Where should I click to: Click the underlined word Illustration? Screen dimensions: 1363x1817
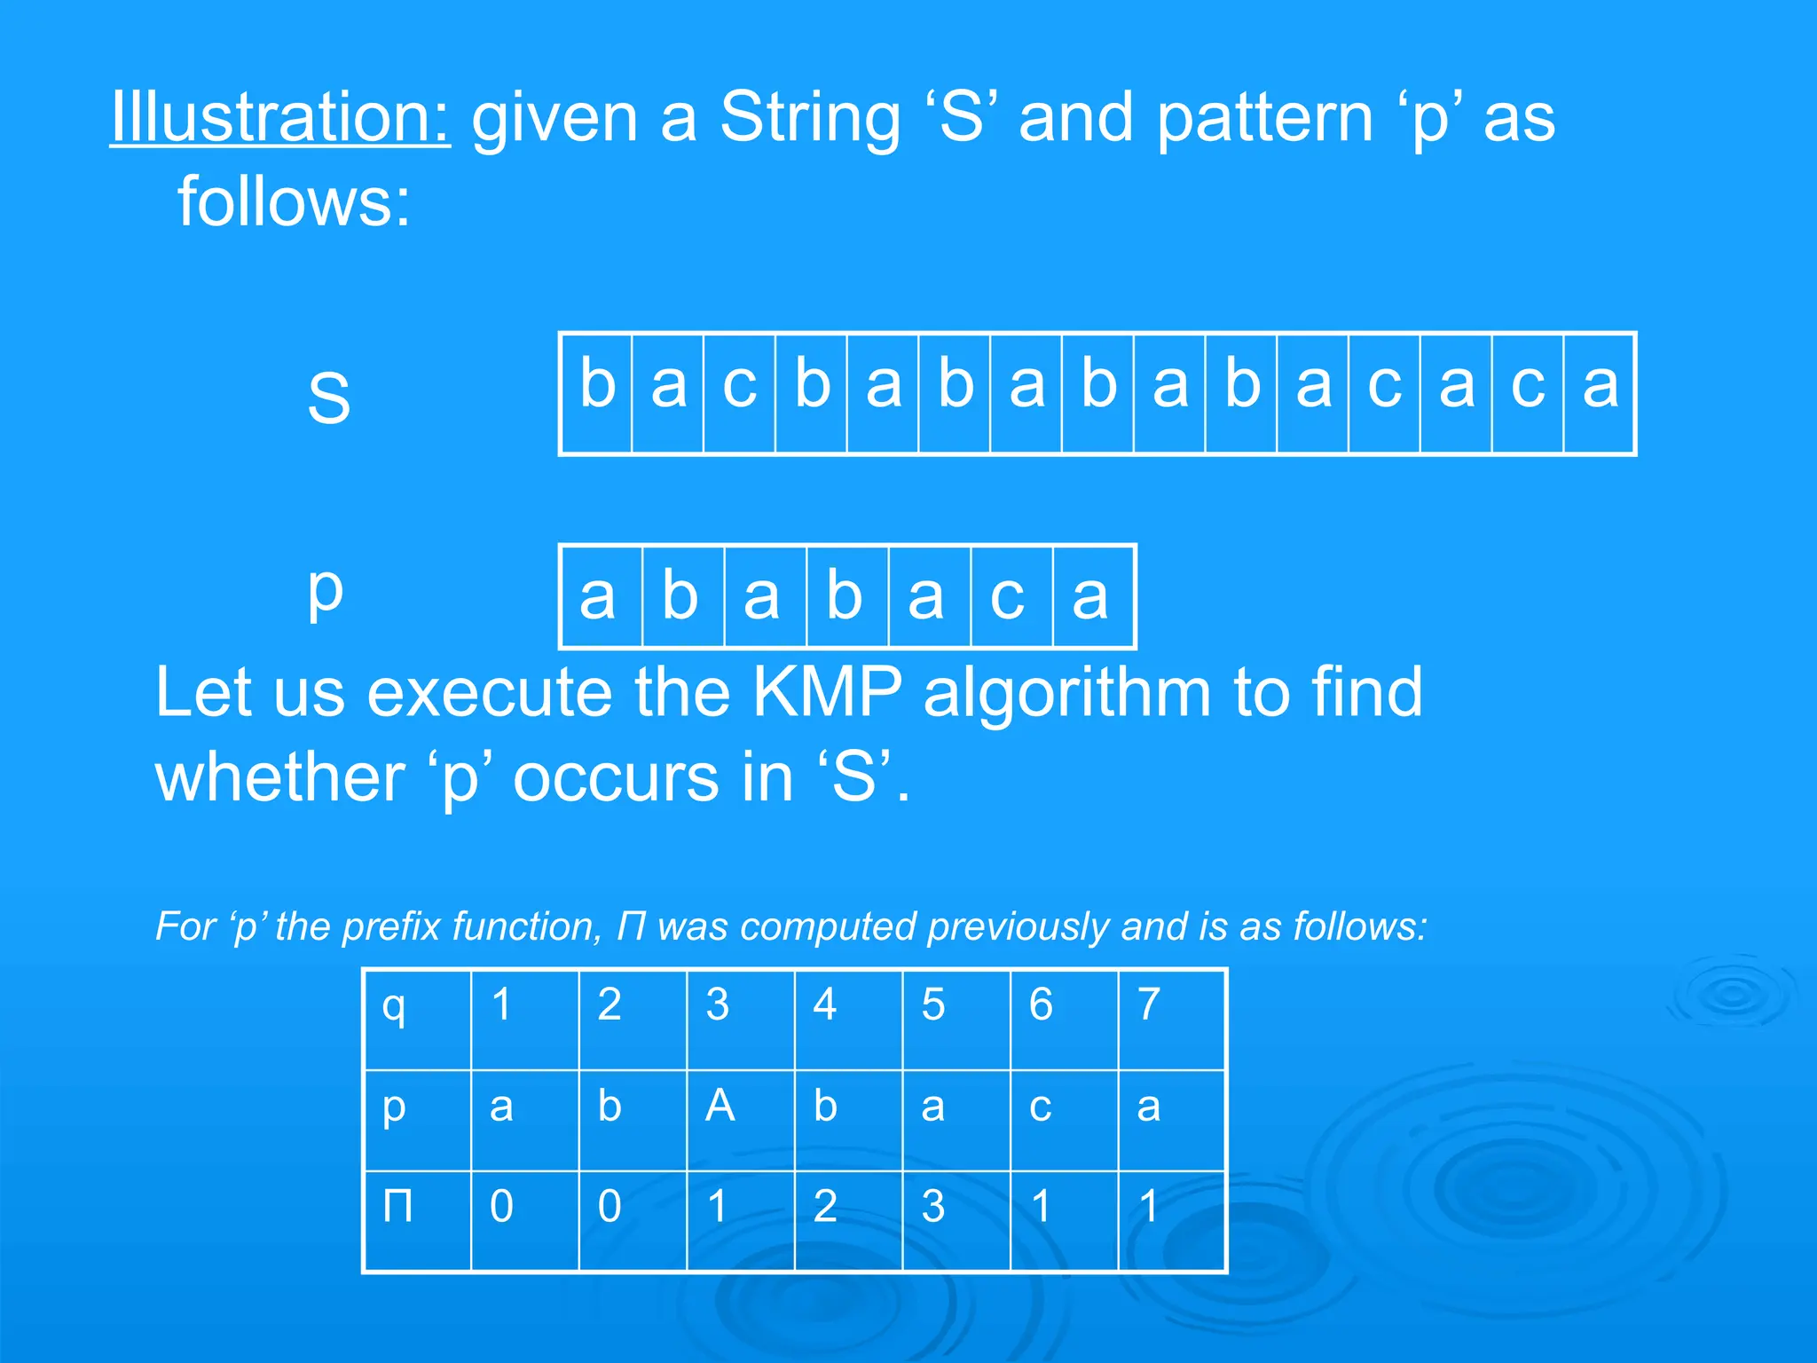pos(279,117)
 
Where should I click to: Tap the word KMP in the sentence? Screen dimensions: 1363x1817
pos(826,692)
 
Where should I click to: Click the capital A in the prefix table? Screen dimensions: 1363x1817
pos(720,1106)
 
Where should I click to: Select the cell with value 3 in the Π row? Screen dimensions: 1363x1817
pos(932,1206)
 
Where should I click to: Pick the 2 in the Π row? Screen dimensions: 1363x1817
pos(825,1206)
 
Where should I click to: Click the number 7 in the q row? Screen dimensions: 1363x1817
pos(1149,1005)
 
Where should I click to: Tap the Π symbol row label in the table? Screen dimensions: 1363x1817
pos(397,1206)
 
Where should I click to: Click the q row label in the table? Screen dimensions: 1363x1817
pos(394,1006)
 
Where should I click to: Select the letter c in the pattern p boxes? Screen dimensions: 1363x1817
pos(1007,597)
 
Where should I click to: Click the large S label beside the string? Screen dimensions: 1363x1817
pos(328,397)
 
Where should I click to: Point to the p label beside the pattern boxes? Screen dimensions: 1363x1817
pos(325,590)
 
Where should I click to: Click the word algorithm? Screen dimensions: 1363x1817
pos(1066,692)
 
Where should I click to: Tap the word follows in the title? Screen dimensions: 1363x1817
pos(294,202)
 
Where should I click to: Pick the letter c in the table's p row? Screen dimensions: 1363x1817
pos(1040,1107)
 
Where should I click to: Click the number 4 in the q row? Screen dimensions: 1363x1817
pos(825,1005)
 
